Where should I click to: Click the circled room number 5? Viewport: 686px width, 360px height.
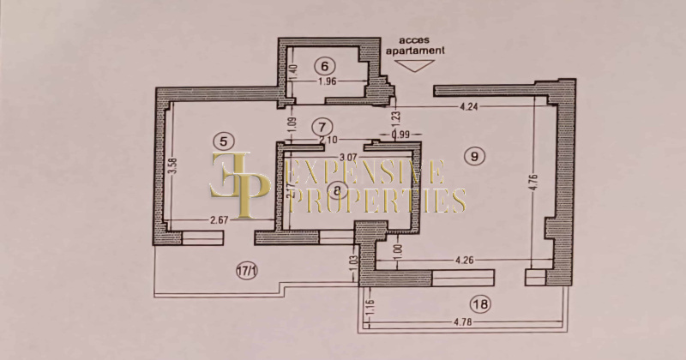pyautogui.click(x=222, y=141)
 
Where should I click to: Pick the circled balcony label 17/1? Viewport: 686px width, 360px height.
pyautogui.click(x=246, y=272)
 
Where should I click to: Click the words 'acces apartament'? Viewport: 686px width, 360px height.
pyautogui.click(x=419, y=45)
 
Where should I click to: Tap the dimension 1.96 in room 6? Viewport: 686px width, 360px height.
pyautogui.click(x=324, y=82)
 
